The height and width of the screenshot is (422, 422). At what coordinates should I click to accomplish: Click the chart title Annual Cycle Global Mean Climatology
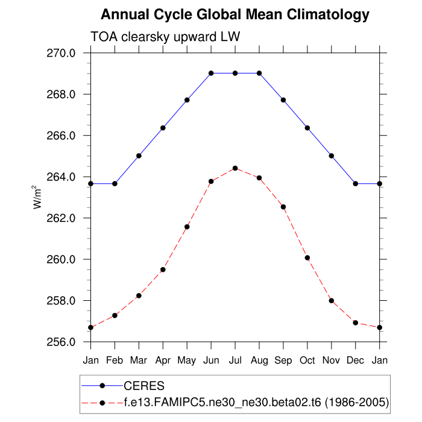point(235,14)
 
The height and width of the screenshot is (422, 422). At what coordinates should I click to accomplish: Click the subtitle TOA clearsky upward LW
point(165,37)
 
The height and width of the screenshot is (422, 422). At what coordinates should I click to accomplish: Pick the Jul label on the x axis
point(235,361)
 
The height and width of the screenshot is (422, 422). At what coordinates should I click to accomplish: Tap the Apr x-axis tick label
point(163,361)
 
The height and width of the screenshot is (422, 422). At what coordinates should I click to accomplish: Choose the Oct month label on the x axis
point(307,361)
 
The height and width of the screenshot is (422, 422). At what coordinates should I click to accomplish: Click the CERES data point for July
point(235,73)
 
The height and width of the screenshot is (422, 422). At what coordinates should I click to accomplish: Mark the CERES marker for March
point(139,156)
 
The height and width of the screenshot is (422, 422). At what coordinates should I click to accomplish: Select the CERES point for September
point(283,100)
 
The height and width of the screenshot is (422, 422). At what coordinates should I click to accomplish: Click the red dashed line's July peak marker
point(235,168)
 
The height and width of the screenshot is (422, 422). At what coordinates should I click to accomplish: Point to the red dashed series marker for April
point(163,269)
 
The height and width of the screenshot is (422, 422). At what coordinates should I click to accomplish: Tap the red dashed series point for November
point(332,301)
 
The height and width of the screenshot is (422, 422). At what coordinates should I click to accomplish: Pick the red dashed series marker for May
point(187,227)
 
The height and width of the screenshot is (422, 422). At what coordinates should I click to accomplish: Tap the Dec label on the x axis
point(356,361)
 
